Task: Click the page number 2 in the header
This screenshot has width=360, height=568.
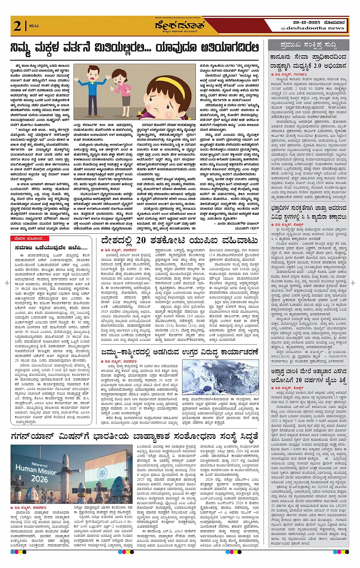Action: [17, 26]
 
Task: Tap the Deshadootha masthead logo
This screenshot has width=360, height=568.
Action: [179, 26]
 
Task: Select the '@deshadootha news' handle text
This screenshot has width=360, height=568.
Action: [312, 28]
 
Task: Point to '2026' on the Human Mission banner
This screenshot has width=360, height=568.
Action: [40, 478]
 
